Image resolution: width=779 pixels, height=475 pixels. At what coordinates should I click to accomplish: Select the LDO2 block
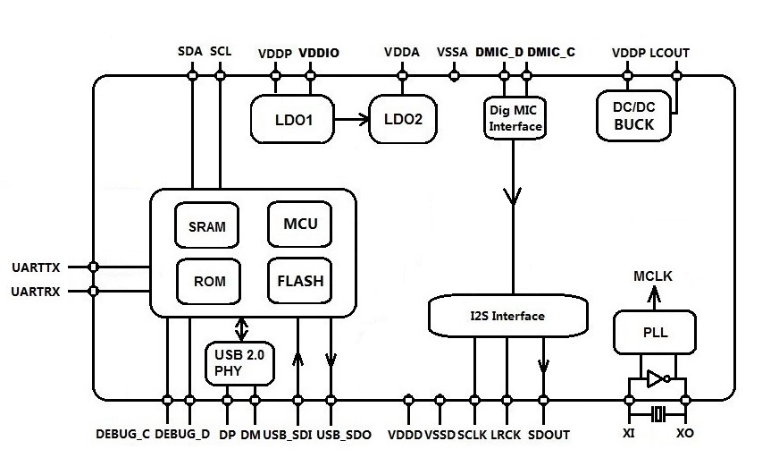tap(404, 118)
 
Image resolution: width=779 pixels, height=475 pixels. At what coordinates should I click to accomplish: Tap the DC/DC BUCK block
tap(633, 116)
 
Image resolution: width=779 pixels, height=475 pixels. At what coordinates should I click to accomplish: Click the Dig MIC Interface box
tap(515, 118)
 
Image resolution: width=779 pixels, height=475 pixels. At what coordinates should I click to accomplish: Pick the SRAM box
tap(206, 226)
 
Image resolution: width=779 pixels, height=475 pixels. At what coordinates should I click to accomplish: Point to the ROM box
tap(209, 281)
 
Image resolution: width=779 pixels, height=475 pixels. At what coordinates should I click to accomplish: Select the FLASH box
tap(299, 281)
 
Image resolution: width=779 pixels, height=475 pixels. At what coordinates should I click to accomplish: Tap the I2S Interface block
tap(508, 315)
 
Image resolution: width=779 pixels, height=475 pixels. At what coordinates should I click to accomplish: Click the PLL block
tap(655, 334)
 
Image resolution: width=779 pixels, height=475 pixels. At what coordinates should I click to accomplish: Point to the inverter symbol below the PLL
tap(657, 378)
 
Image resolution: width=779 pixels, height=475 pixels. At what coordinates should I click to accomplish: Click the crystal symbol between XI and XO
tap(657, 413)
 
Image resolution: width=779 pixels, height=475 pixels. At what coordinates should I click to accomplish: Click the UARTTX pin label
tap(37, 267)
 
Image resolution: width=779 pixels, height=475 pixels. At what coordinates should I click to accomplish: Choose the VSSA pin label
tap(453, 53)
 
